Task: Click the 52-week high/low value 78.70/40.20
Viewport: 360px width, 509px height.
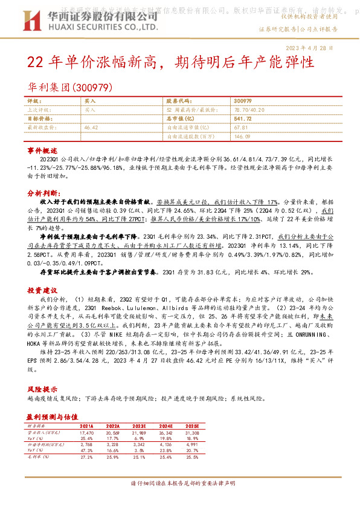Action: pos(247,110)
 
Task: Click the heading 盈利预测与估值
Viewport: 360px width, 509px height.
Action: pos(52,417)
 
